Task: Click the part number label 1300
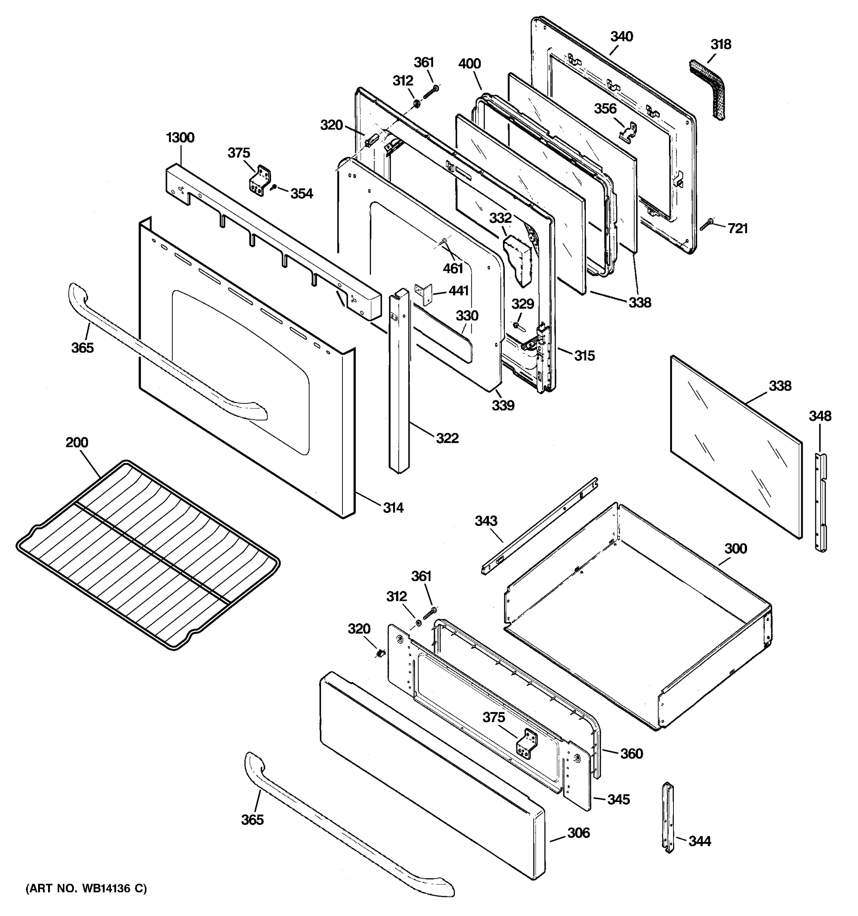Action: point(180,138)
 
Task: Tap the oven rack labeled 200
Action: point(147,555)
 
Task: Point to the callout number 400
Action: point(469,64)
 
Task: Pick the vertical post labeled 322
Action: point(398,382)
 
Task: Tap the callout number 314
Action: point(393,508)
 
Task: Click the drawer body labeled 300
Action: point(640,618)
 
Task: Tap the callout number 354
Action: point(302,194)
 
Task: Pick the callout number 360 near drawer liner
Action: point(631,754)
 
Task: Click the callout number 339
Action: point(503,405)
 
